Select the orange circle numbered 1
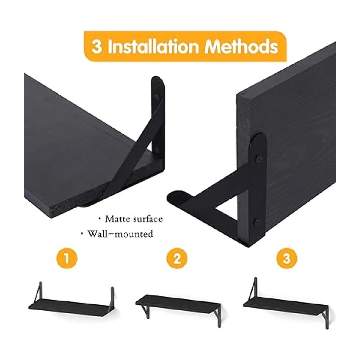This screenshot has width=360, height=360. pyautogui.click(x=67, y=259)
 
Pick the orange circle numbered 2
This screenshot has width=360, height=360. pyautogui.click(x=177, y=259)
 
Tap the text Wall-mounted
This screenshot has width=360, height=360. pyautogui.click(x=120, y=234)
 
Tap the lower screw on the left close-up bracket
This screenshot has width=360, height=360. pyautogui.click(x=157, y=149)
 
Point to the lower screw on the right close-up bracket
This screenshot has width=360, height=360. pyautogui.click(x=258, y=222)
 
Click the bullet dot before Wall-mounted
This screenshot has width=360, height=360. pyautogui.click(x=82, y=233)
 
